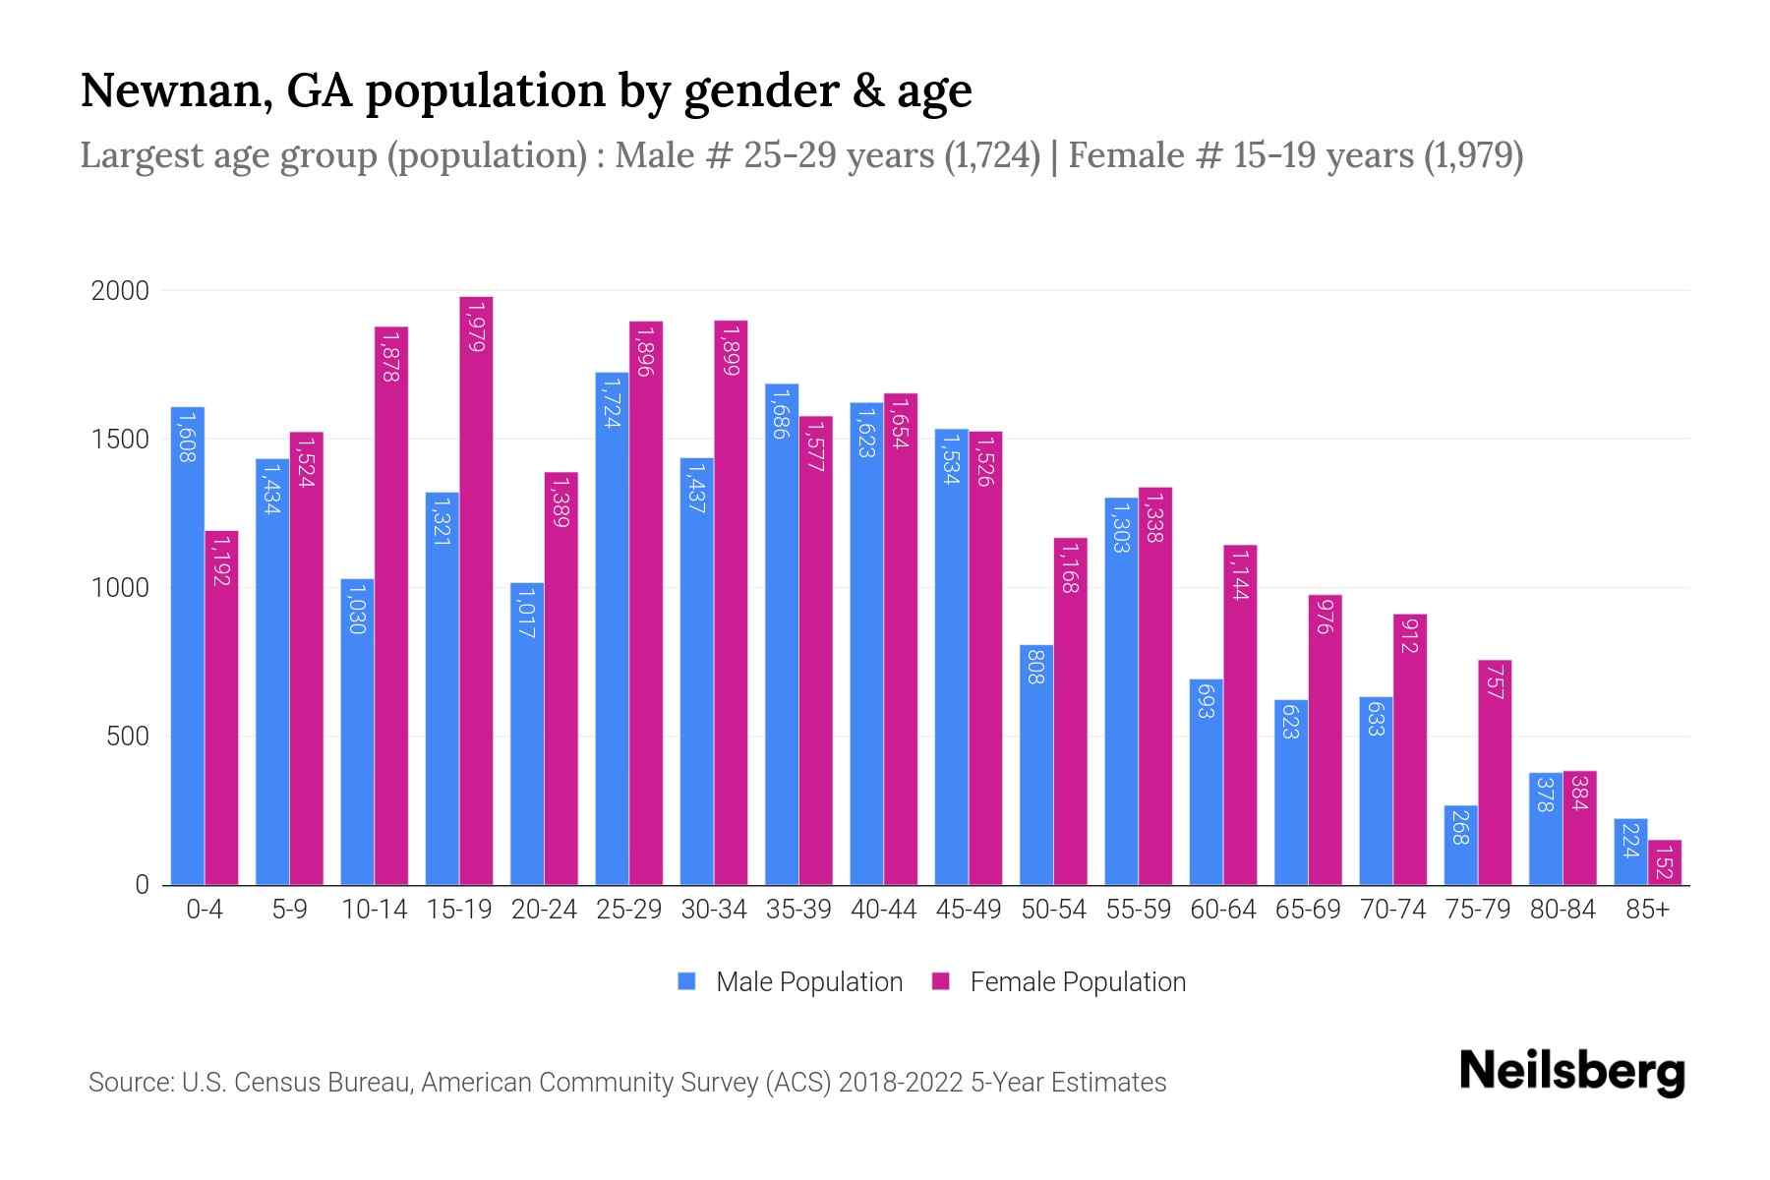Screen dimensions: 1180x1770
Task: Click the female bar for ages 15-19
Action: coord(476,590)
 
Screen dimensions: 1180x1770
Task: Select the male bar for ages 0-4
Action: coord(188,645)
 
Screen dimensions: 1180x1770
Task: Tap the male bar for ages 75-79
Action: coord(1460,846)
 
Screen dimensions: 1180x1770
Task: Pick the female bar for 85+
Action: coord(1665,862)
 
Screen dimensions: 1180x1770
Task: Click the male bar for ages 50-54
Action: coord(1036,765)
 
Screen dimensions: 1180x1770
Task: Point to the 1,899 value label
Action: coord(730,351)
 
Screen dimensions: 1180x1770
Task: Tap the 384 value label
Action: coord(1579,793)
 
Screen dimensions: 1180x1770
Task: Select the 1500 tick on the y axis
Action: coord(120,440)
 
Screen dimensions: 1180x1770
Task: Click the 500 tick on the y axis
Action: coord(128,737)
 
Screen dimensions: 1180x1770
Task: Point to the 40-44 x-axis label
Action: coord(883,910)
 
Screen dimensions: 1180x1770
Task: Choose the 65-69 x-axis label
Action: coord(1307,910)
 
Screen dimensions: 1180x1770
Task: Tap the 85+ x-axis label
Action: coord(1647,910)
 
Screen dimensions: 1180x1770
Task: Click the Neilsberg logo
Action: coord(1571,1071)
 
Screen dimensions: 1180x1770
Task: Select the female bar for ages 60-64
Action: coord(1240,715)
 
